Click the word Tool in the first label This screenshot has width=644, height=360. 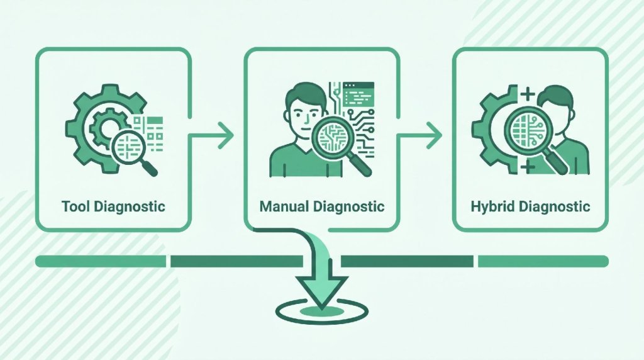pyautogui.click(x=76, y=206)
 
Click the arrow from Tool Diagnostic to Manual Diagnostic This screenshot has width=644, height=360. pyautogui.click(x=211, y=135)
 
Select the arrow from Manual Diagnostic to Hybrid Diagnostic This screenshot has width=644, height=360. pyautogui.click(x=419, y=135)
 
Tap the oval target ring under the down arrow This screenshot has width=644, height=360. pyautogui.click(x=321, y=311)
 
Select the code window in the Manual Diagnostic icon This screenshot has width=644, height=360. pyautogui.click(x=358, y=94)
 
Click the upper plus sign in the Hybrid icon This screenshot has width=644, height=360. pyautogui.click(x=528, y=94)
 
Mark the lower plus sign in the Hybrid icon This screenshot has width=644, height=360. pyautogui.click(x=528, y=166)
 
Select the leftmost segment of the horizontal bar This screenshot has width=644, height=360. pyautogui.click(x=101, y=261)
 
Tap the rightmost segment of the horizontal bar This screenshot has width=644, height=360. pyautogui.click(x=543, y=261)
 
